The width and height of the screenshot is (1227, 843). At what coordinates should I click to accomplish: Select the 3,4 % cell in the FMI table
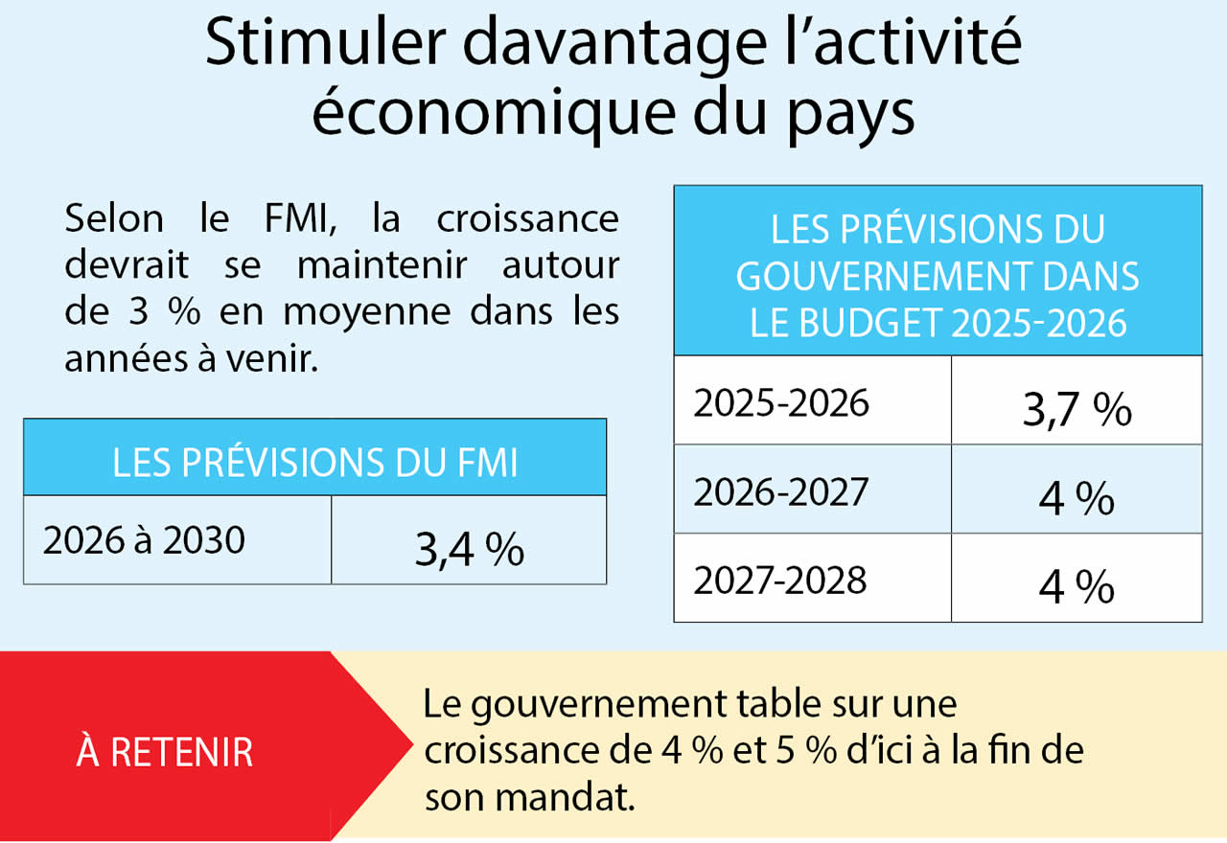pos(469,549)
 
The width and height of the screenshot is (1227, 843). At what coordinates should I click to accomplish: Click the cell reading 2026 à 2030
pos(144,541)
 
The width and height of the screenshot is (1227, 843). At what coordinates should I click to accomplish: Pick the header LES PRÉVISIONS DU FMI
pos(314,464)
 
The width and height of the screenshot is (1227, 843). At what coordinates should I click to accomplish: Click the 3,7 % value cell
pos(1077,409)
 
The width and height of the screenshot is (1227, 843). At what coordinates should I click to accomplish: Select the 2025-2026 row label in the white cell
pos(781,403)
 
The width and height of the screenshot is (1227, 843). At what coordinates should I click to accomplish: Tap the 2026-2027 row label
pos(781,492)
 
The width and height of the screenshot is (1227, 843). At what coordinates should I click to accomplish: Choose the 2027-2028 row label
pos(781,581)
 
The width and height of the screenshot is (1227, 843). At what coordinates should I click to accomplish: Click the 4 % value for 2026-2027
pos(1077,498)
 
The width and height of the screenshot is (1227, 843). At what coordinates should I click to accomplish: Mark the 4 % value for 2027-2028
pos(1077,586)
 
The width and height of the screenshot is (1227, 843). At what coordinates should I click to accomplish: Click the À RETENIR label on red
pos(165,753)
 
